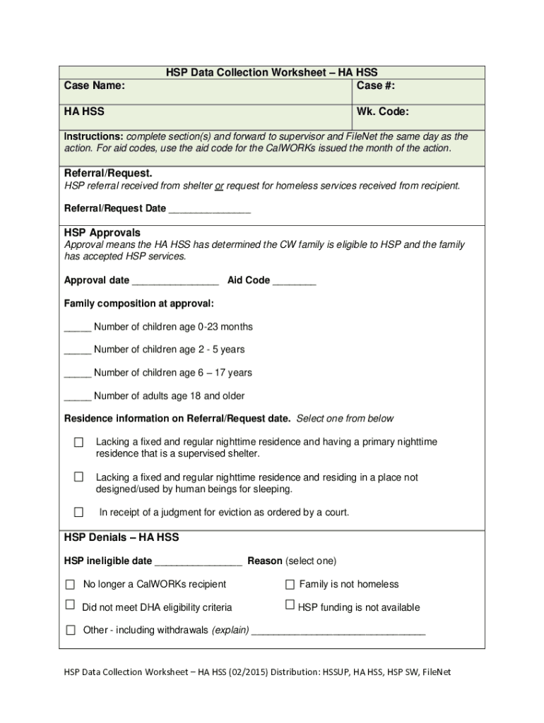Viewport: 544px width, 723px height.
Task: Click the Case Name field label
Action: pyautogui.click(x=95, y=86)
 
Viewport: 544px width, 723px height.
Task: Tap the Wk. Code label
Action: pyautogui.click(x=382, y=112)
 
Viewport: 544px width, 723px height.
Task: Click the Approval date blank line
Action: pyautogui.click(x=175, y=281)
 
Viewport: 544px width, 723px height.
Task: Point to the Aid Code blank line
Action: pyautogui.click(x=294, y=281)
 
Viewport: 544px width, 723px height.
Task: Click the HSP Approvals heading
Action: pyautogui.click(x=102, y=233)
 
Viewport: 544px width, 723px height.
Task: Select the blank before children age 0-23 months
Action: pyautogui.click(x=78, y=328)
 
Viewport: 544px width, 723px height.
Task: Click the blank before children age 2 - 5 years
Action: pyautogui.click(x=78, y=350)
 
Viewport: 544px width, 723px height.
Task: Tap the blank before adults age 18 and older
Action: pyautogui.click(x=78, y=397)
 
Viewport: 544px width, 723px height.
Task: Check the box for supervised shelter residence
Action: pyautogui.click(x=79, y=442)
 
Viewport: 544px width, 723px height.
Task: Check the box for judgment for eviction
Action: pyautogui.click(x=79, y=513)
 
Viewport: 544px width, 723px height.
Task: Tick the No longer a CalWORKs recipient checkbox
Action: pyautogui.click(x=70, y=585)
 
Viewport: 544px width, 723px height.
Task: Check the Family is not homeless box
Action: pyautogui.click(x=290, y=585)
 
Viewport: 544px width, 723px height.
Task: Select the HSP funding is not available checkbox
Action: pyautogui.click(x=290, y=605)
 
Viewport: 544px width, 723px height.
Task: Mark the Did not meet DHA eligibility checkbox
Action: pyautogui.click(x=70, y=605)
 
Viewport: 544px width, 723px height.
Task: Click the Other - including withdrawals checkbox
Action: pyautogui.click(x=70, y=631)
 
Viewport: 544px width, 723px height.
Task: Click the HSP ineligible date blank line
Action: pyautogui.click(x=199, y=562)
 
